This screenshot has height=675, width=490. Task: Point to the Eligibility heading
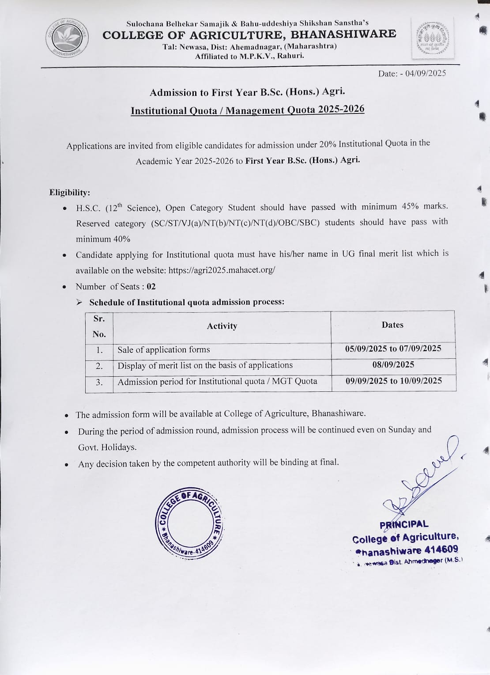tap(70, 193)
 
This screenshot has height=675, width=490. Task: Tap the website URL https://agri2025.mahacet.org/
tap(222, 270)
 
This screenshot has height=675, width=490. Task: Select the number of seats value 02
tap(151, 287)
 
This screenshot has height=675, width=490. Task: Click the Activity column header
tap(222, 326)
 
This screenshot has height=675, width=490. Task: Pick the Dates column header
tap(392, 325)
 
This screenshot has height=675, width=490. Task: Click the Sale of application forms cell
tap(164, 350)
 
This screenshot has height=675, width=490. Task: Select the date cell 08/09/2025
tap(393, 364)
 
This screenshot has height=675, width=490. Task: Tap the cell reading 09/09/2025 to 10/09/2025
tap(393, 381)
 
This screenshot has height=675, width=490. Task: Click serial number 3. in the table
tap(99, 382)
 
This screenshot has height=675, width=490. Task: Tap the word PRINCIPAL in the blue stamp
tap(404, 525)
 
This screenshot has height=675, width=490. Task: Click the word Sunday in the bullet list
tap(402, 430)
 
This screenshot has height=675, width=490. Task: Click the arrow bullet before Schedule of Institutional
tap(79, 303)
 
